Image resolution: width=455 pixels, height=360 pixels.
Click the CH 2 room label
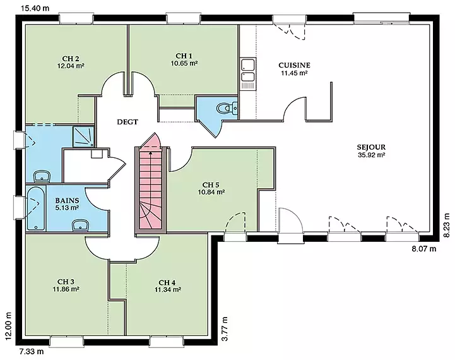(71, 59)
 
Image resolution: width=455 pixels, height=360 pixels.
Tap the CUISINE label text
(294, 65)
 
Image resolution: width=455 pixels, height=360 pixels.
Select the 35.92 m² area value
(372, 155)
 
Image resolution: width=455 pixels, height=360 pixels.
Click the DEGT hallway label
(127, 122)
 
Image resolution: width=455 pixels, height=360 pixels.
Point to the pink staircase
(150, 183)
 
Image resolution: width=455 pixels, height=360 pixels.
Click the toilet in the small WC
(227, 108)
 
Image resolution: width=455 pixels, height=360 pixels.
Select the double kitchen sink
(248, 74)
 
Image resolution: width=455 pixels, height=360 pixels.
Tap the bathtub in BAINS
(35, 208)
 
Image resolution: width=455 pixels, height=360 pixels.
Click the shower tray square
(83, 136)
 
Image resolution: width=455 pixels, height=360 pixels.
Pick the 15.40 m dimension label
(35, 8)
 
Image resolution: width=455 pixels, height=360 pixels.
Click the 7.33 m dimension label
(32, 351)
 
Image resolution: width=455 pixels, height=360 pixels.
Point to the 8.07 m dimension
(424, 248)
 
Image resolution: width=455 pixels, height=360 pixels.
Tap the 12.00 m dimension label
(8, 326)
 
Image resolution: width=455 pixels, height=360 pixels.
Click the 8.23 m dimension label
(447, 225)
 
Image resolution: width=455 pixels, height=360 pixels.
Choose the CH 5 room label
(211, 185)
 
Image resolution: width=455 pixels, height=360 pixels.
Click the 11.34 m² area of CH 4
(168, 289)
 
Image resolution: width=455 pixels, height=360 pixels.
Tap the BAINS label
(67, 200)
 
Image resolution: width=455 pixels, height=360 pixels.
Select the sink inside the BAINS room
(80, 225)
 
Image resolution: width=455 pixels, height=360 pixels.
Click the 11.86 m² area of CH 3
(66, 289)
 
